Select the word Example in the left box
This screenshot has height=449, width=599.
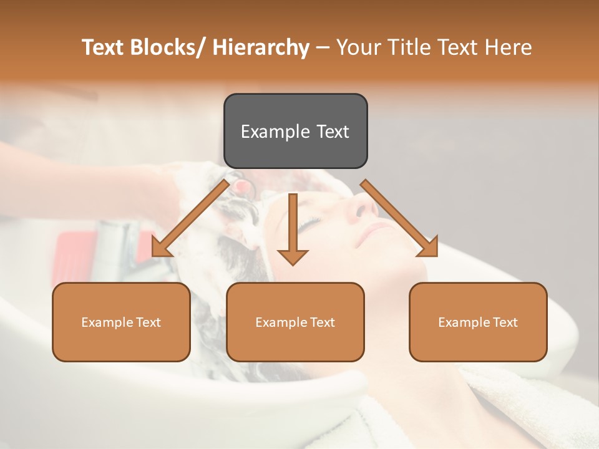107,322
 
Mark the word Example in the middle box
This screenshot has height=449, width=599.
281,322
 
